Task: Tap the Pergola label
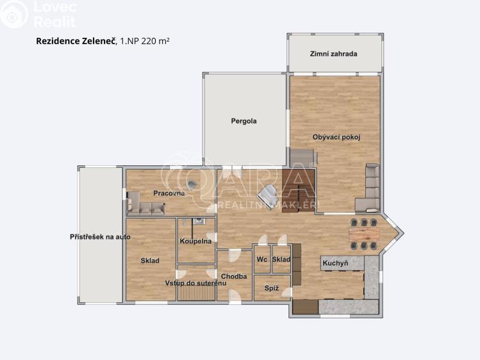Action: (x=244, y=120)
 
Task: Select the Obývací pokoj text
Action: (x=336, y=137)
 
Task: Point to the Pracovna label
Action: (x=169, y=193)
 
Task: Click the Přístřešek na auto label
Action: (x=100, y=237)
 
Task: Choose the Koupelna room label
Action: (x=195, y=241)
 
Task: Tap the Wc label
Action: (x=261, y=259)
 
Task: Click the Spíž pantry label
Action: (x=271, y=288)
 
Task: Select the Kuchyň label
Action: (x=335, y=263)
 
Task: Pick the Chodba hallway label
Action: (x=235, y=276)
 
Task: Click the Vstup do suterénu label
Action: (x=195, y=282)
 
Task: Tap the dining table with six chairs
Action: (x=364, y=234)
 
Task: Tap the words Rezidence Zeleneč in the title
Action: (x=76, y=41)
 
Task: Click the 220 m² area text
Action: (x=155, y=41)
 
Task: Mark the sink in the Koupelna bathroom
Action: (x=199, y=221)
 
